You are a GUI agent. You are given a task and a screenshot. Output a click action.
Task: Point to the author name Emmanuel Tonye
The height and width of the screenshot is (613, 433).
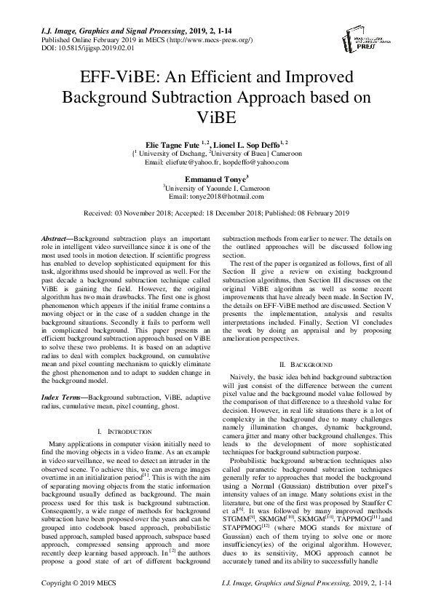[215, 177]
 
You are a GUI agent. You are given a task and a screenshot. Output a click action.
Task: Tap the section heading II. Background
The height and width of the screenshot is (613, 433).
[306, 363]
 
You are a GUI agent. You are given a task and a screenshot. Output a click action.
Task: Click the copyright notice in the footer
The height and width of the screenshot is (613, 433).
[80, 603]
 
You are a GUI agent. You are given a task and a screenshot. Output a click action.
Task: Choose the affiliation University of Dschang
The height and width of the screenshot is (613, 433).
[172, 154]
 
